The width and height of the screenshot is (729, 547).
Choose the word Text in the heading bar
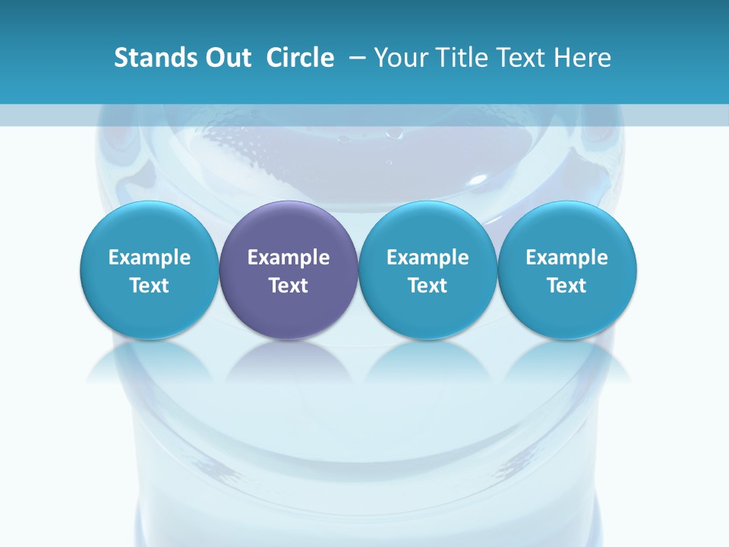click(520, 58)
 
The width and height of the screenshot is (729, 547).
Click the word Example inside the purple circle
click(289, 258)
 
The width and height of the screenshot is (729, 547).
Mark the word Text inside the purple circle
click(289, 286)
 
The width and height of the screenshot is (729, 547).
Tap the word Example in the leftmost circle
click(150, 258)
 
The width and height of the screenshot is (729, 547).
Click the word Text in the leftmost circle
click(150, 286)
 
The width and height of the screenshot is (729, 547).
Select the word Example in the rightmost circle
click(567, 258)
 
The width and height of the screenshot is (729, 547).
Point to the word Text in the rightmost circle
click(567, 286)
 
